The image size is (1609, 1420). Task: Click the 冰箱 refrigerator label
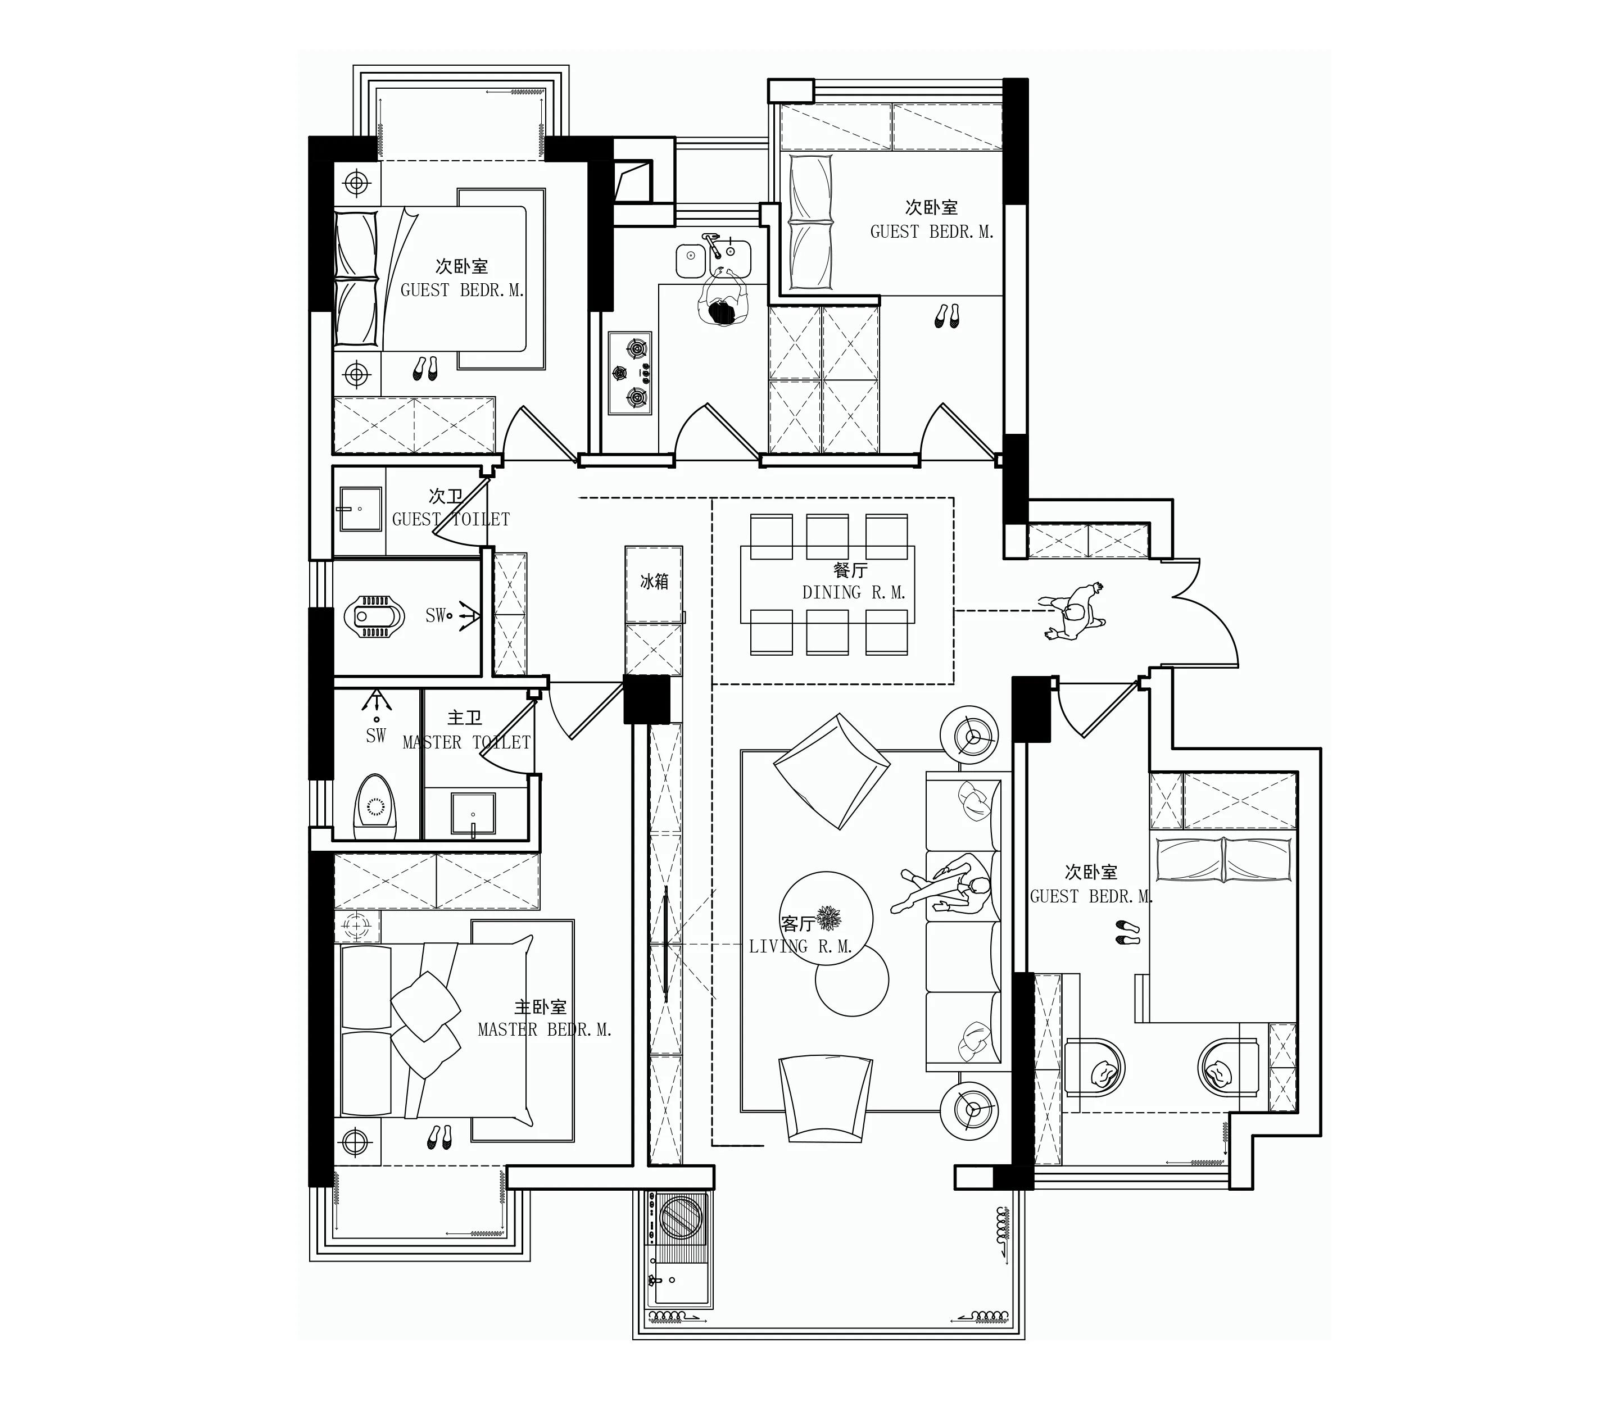point(654,582)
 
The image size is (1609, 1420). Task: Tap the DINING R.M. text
point(854,593)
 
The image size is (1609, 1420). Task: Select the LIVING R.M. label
point(800,947)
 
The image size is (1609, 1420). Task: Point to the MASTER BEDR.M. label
point(545,1029)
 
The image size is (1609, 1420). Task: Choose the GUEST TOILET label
point(451,520)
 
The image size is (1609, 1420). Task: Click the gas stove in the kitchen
point(630,373)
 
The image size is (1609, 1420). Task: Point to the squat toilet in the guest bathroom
point(375,615)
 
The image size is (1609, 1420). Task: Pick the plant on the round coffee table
point(828,918)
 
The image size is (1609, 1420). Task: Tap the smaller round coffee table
point(852,981)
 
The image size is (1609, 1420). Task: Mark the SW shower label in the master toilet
point(377,735)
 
